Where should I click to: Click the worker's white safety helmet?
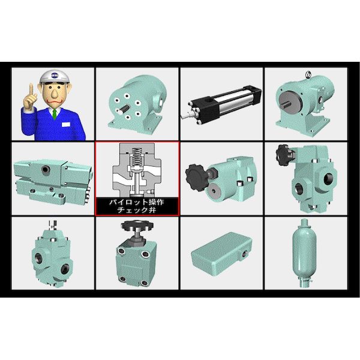[x=55, y=76]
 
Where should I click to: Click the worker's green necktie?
[x=54, y=114]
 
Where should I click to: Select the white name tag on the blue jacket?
[x=65, y=124]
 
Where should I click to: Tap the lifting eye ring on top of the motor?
[x=308, y=74]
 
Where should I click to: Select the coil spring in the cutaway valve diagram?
[x=137, y=156]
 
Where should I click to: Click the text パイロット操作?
[x=137, y=202]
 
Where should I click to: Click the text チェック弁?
[x=137, y=210]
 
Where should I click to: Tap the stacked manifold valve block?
[x=52, y=181]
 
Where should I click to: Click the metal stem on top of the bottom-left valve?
[x=53, y=226]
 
